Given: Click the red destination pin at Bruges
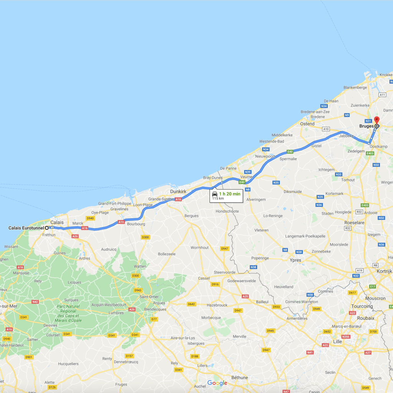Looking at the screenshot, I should click(376, 120).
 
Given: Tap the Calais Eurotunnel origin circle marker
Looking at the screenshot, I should click(47, 228).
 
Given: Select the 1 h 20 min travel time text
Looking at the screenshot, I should click(230, 194).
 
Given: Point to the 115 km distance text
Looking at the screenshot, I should click(218, 198).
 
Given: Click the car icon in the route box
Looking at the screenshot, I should click(215, 194).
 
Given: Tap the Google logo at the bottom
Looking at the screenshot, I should click(217, 383).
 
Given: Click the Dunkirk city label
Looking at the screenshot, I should click(178, 191).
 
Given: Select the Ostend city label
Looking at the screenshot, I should click(307, 124).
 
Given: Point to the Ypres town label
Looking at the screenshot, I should click(296, 260).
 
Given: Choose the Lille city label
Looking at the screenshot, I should click(337, 342).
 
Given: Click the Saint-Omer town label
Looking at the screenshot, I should click(149, 296).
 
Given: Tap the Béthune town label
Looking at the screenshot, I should click(240, 378).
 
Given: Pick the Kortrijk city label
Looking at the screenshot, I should click(383, 271).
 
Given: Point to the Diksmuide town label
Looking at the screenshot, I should click(293, 192).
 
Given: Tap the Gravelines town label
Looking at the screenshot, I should click(120, 209).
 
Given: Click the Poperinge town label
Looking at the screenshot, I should click(260, 258).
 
